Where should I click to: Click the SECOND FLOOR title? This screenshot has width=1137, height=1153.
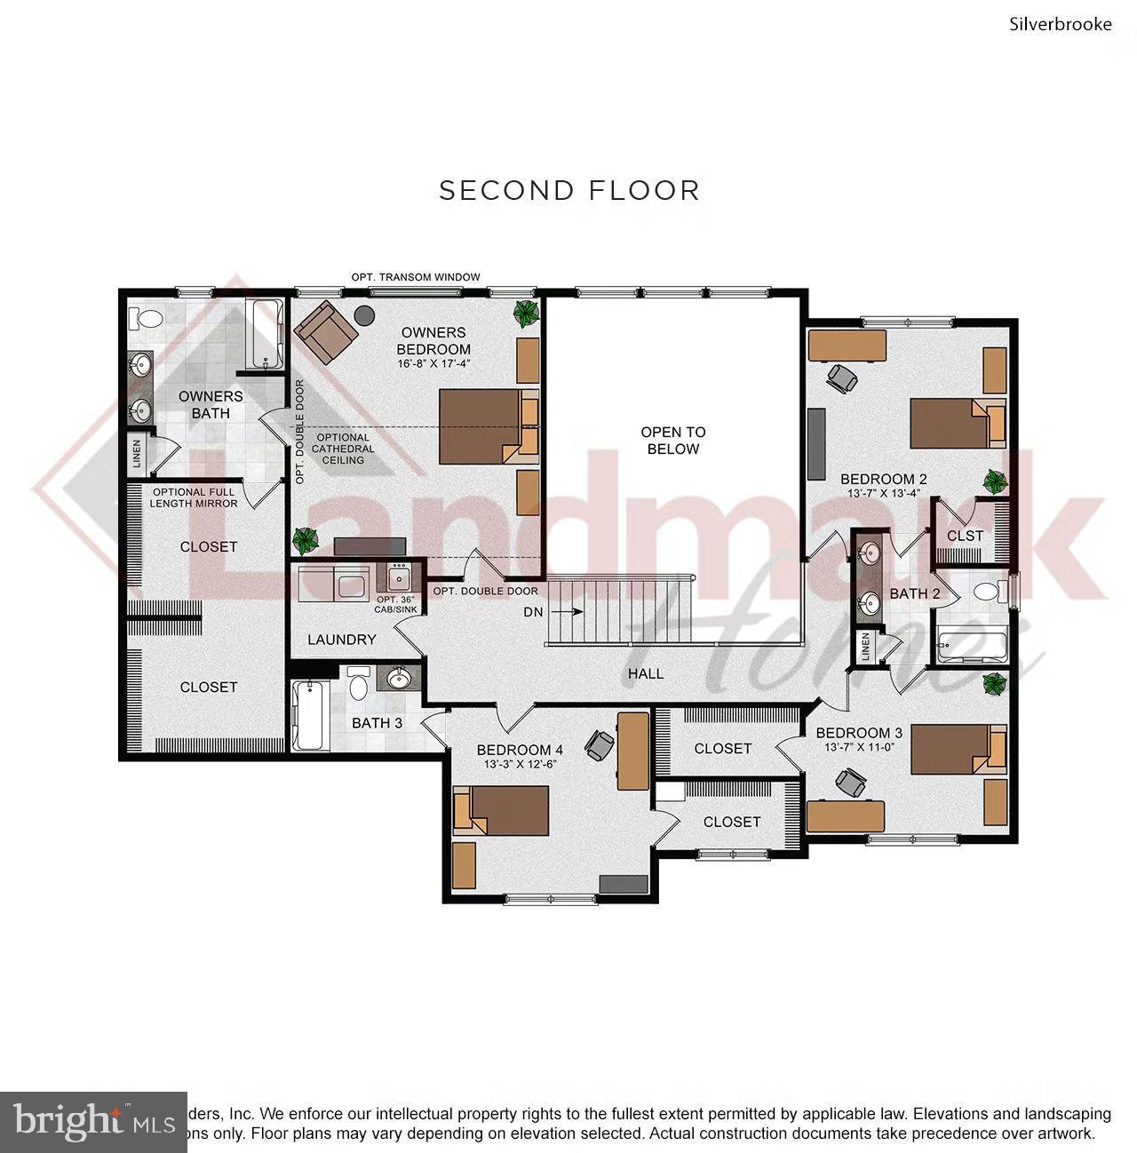569,191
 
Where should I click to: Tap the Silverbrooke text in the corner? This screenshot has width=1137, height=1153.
1060,24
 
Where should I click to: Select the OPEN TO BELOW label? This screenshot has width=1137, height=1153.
673,441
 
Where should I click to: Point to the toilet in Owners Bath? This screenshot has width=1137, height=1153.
144,317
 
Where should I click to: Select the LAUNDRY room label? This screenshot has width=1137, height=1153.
342,640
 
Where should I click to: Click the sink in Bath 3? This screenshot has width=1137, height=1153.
399,680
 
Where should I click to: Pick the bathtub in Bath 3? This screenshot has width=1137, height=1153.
308,715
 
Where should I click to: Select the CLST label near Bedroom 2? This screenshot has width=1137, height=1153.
965,536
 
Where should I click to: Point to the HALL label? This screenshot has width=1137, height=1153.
646,673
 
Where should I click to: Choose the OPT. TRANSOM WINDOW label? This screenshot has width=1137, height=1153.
416,277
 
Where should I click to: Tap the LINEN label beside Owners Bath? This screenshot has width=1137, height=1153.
136,454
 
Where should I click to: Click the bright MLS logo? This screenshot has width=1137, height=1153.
93,1121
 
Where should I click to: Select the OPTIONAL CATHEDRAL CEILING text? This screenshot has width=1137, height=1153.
343,449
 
